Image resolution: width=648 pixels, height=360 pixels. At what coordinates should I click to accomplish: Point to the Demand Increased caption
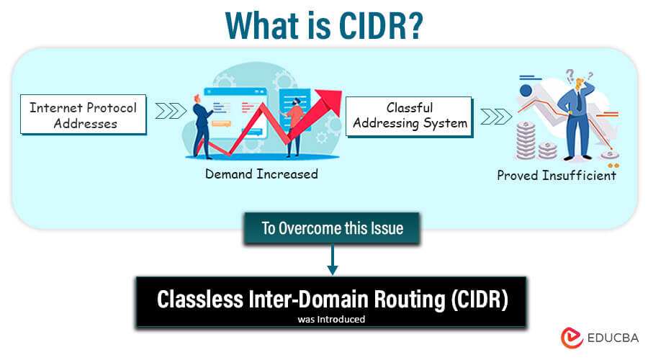(x=261, y=174)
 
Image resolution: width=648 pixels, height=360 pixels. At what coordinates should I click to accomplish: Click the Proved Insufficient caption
(x=557, y=175)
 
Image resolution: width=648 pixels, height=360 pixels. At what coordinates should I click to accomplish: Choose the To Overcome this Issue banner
(x=332, y=228)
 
